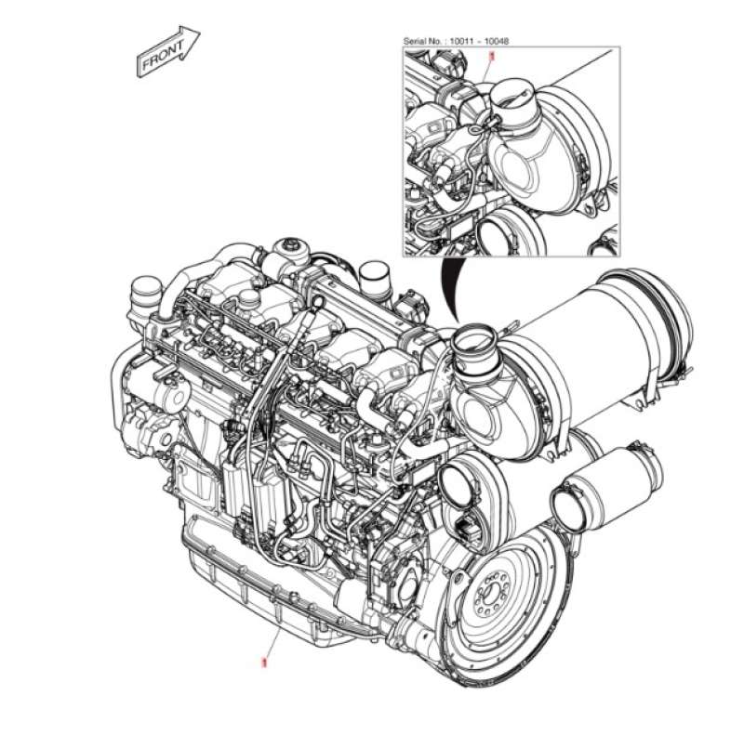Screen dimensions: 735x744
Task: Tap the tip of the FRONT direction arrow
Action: [x=199, y=33]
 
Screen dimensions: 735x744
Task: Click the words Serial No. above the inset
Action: [x=424, y=42]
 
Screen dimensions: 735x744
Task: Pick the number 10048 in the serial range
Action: [x=498, y=42]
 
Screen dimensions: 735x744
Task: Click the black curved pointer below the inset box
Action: [x=448, y=293]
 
